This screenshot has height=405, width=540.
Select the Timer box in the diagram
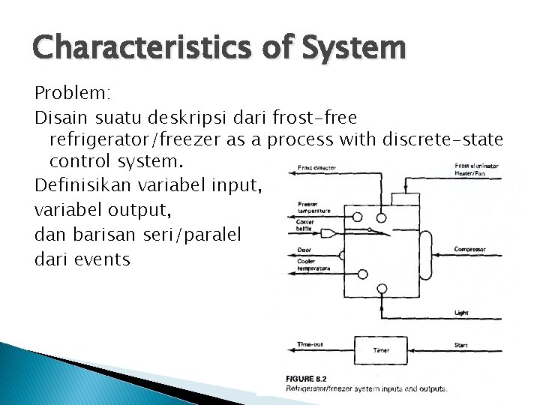click(381, 350)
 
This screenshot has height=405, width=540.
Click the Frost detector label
click(316, 168)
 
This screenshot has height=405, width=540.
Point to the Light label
click(461, 312)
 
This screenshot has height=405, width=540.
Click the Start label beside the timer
click(461, 344)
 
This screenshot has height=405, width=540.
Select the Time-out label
click(310, 344)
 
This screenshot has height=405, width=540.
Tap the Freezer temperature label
click(313, 208)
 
